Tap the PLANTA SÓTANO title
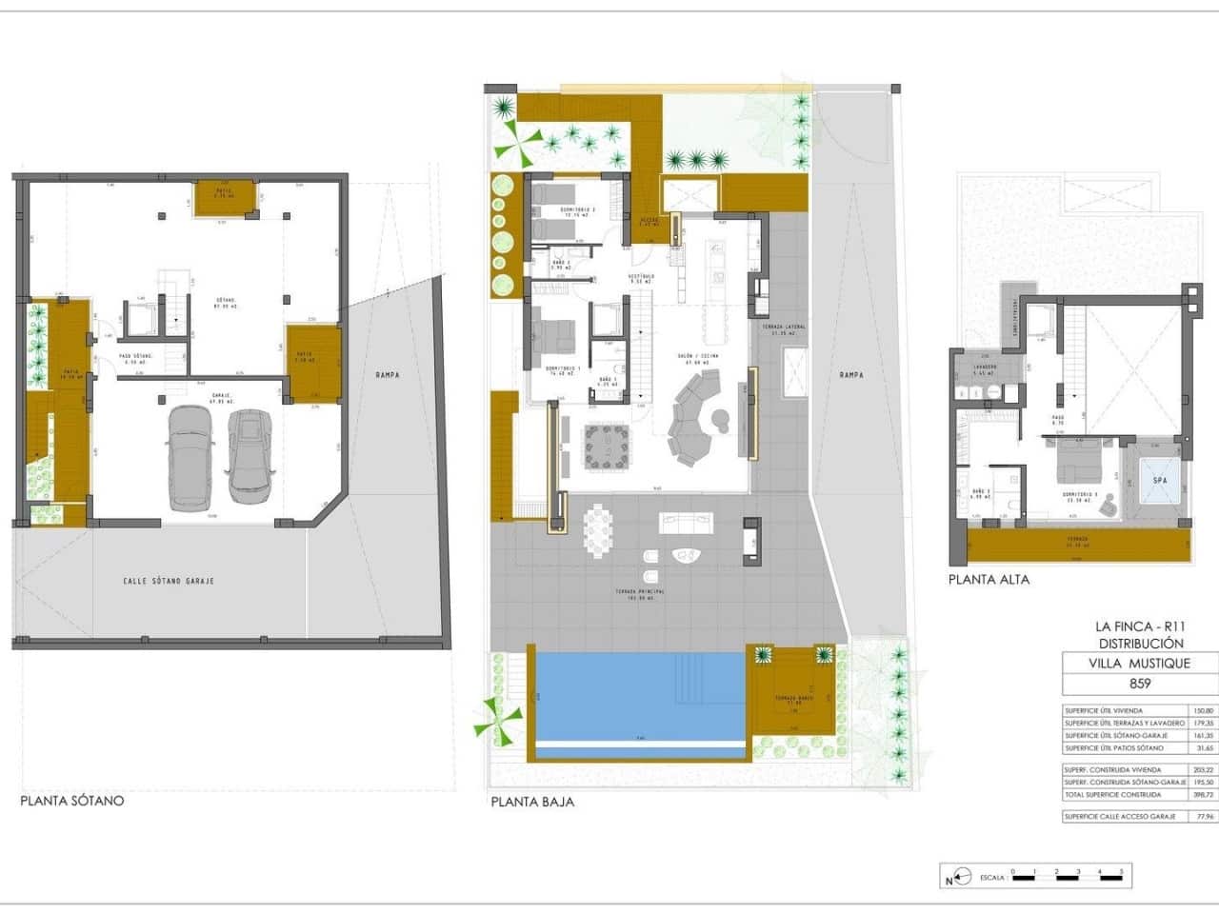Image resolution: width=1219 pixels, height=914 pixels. (72, 801)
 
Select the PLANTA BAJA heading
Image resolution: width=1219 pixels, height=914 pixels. (532, 802)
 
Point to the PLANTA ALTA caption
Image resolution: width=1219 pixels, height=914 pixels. (989, 579)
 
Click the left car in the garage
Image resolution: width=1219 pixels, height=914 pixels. (191, 460)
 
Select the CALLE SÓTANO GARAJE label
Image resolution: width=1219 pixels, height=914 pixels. (169, 581)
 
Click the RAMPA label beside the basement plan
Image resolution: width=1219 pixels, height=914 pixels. (387, 375)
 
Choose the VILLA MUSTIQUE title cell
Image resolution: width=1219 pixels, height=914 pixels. (1139, 664)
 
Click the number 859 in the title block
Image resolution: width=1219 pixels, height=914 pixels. (1139, 683)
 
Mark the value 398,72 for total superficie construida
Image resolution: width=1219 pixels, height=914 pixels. (1204, 794)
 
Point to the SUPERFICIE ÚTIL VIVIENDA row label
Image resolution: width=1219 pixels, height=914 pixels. (1104, 711)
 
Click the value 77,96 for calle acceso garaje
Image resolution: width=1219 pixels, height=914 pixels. (1204, 817)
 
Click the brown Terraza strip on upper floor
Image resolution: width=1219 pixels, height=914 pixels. (1078, 546)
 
